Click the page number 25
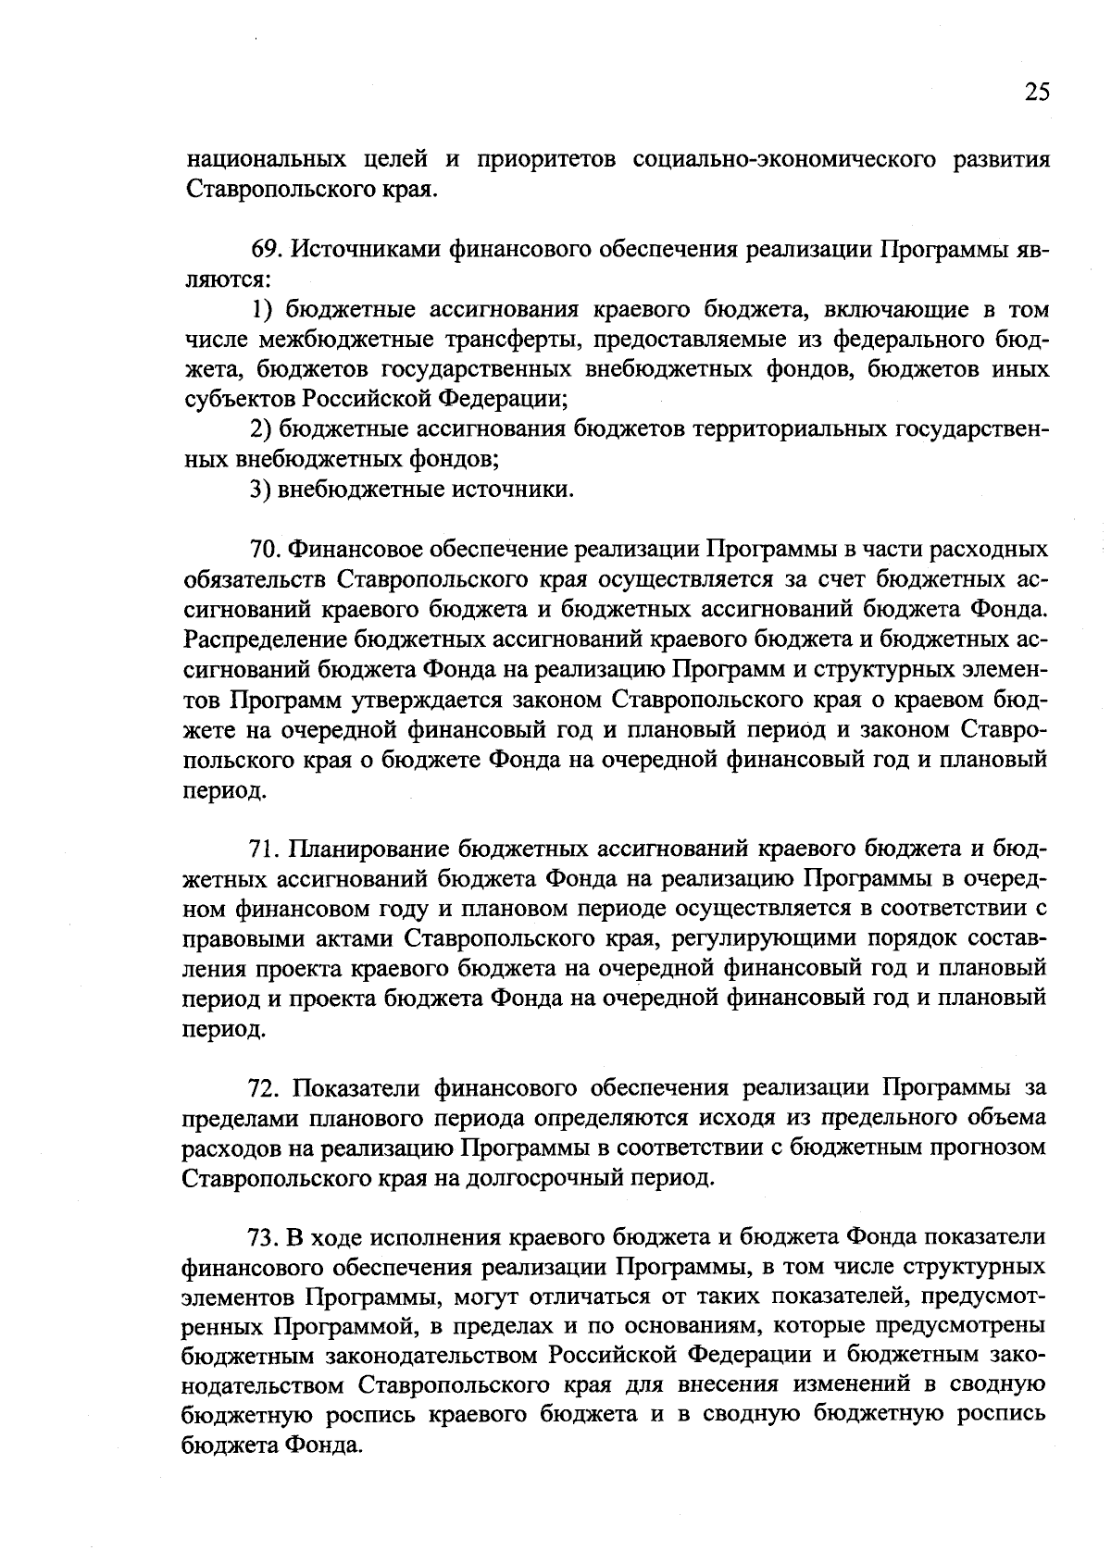click(x=1037, y=92)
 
